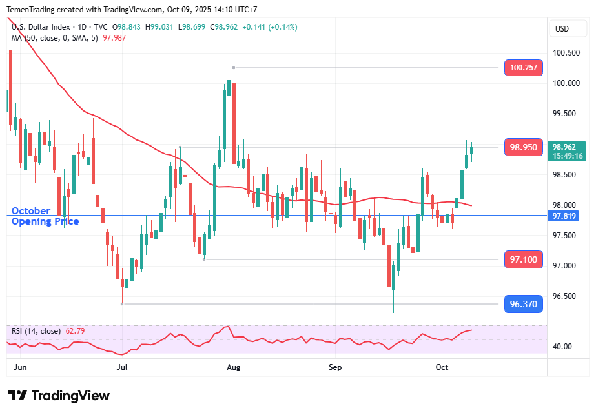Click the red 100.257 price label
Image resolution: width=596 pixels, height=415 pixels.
click(x=523, y=68)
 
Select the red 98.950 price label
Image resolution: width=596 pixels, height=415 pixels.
click(x=523, y=147)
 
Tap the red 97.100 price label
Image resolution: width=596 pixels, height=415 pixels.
click(x=523, y=259)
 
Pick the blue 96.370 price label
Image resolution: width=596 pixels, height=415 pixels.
click(x=523, y=304)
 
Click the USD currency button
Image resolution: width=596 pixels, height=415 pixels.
click(x=562, y=28)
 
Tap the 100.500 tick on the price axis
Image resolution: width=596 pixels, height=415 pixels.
click(x=564, y=53)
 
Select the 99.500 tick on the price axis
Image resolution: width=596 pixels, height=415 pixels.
click(x=564, y=114)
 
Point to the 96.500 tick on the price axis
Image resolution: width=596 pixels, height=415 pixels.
click(x=564, y=296)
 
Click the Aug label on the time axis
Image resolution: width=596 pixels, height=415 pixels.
click(x=234, y=367)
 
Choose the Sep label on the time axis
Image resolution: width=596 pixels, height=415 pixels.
click(x=335, y=367)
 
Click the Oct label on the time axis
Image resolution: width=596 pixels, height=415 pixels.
click(x=442, y=367)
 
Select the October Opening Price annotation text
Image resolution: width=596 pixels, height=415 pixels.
click(x=45, y=216)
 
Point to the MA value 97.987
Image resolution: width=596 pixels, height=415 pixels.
click(x=114, y=37)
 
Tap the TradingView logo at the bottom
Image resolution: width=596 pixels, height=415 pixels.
click(x=59, y=396)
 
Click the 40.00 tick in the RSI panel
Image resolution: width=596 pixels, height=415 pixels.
click(x=563, y=347)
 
